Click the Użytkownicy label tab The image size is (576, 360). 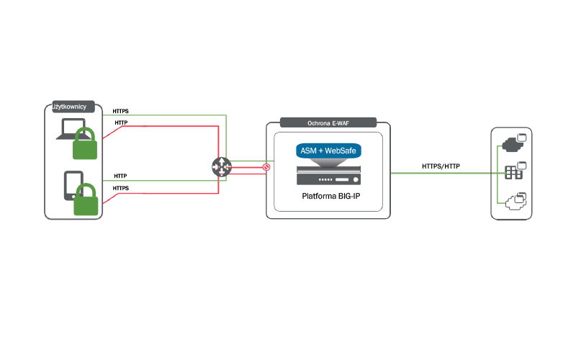69,107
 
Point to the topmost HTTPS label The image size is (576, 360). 122,112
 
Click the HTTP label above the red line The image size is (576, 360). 121,123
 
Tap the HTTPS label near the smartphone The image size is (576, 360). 122,189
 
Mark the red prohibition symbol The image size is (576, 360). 266,167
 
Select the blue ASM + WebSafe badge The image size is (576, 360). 328,151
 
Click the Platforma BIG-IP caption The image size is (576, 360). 328,197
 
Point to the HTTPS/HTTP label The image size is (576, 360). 441,167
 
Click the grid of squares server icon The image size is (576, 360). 513,173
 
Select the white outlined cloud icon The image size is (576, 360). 514,202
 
